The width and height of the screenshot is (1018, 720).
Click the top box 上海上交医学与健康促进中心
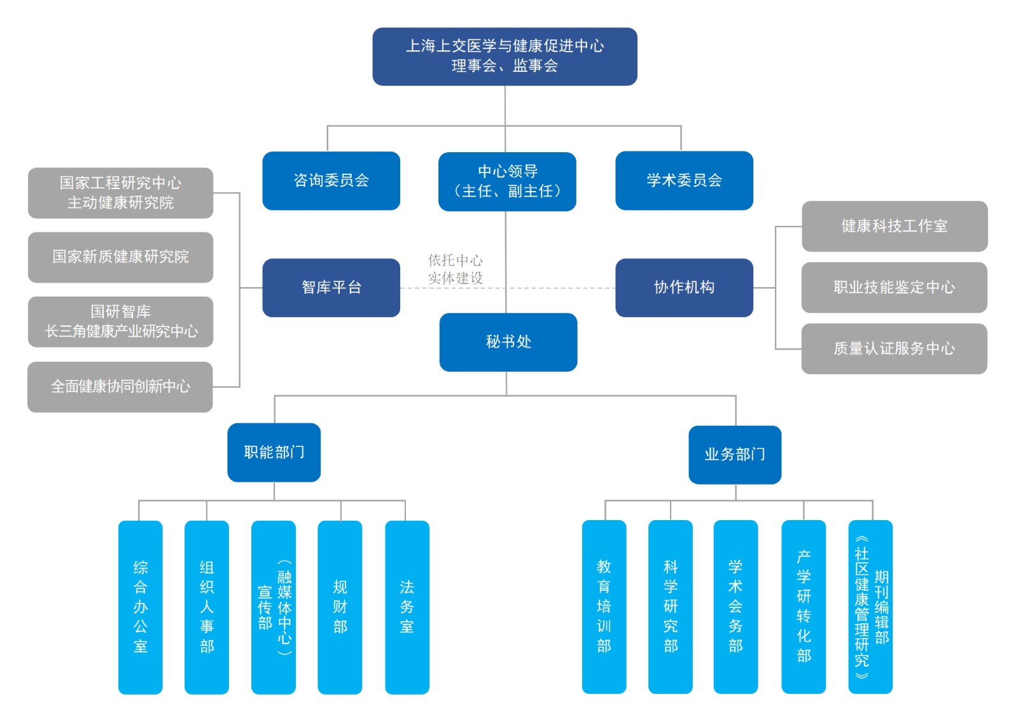coord(505,56)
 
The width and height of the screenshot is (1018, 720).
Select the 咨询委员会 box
coord(331,181)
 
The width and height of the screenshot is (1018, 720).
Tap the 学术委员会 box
coord(684,181)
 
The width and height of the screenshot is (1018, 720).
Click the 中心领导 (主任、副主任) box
coord(507,181)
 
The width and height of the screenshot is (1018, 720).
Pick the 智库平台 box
coord(331,288)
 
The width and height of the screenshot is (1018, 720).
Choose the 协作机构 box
coord(684,288)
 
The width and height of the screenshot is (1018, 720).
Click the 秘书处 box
coord(508,342)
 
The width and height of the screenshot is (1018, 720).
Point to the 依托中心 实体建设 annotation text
coord(455,269)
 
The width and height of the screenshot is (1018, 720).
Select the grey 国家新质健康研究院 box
coord(120,257)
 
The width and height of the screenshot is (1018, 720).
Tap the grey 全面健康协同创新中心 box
coord(120,387)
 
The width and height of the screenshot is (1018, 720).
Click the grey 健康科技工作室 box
coord(894,227)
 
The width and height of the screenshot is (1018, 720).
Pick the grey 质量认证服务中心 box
coord(894,349)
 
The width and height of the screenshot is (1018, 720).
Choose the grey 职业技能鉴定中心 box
coord(894,288)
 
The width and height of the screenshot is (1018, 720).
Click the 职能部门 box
coord(274,453)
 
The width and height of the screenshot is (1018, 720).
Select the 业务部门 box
coord(735,455)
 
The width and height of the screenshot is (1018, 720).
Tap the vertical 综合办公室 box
coord(141,607)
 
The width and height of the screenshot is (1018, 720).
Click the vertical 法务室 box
coord(407,607)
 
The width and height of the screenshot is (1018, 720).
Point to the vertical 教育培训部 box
coord(604,607)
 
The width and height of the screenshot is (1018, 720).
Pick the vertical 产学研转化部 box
coord(804,607)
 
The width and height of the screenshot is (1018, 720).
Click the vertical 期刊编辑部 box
coord(870,607)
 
